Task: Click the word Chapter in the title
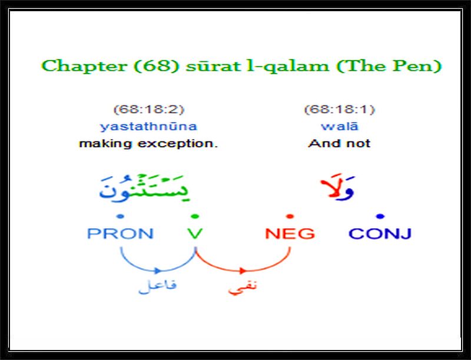coord(84,66)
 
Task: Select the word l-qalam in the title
coord(287,67)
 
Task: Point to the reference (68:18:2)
coord(149,109)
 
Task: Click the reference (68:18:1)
coord(340,109)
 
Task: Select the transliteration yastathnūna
coord(148,126)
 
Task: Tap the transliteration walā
coord(340,126)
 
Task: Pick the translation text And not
coord(339,143)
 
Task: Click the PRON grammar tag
coord(120,233)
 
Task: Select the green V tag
coord(195,233)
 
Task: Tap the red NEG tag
coord(290,233)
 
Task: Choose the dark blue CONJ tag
coord(380,233)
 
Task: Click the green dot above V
coord(195,216)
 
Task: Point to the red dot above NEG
coord(290,216)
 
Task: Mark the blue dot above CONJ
coord(380,216)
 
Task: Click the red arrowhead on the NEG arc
coord(243,271)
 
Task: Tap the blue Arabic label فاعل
coord(157,286)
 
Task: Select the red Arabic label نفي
coord(243,288)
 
